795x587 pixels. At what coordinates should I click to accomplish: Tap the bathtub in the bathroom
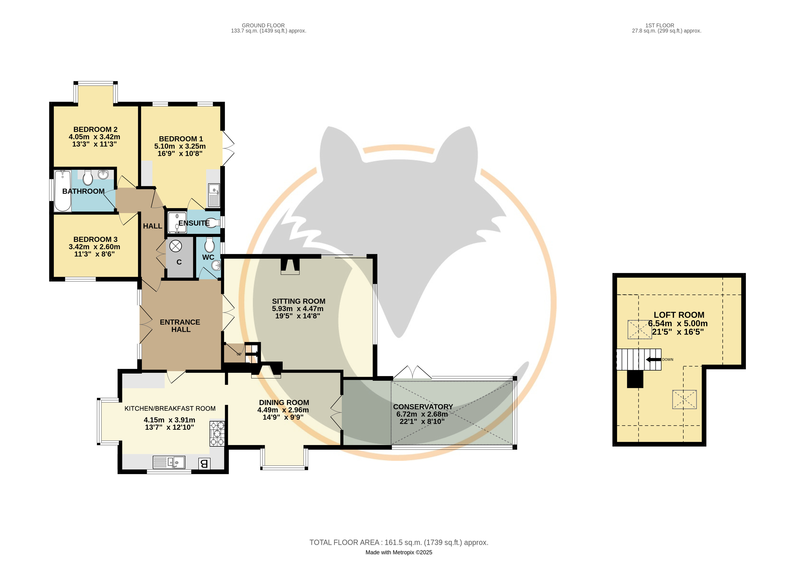coord(63,191)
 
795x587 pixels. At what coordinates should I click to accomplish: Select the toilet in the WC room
coord(209,245)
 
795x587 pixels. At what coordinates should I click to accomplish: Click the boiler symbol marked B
coord(204,463)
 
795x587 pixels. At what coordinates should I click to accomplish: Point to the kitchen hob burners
coord(217,433)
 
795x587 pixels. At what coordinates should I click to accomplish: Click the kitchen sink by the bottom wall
coord(169,462)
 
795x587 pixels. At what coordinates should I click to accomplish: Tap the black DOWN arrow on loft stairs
coord(653,360)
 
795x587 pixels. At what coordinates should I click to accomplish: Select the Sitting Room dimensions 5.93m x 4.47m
coord(298,309)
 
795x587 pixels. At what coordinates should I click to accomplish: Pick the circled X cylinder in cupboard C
coord(175,246)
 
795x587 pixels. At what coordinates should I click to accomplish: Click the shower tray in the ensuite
coord(177,222)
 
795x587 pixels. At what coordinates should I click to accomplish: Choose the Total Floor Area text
coord(399,542)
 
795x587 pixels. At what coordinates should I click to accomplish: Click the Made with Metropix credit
coord(399,553)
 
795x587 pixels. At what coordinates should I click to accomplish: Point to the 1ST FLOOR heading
coord(660,26)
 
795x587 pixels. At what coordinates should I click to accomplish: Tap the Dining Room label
coord(284,403)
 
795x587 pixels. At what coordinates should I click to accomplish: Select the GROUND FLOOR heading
coord(263,26)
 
